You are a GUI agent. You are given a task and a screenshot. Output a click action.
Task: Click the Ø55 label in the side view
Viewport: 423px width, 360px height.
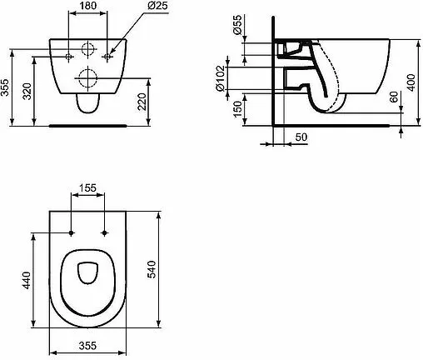pos(238,27)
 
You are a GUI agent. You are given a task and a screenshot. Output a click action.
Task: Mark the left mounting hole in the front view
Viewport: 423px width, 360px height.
pos(68,57)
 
